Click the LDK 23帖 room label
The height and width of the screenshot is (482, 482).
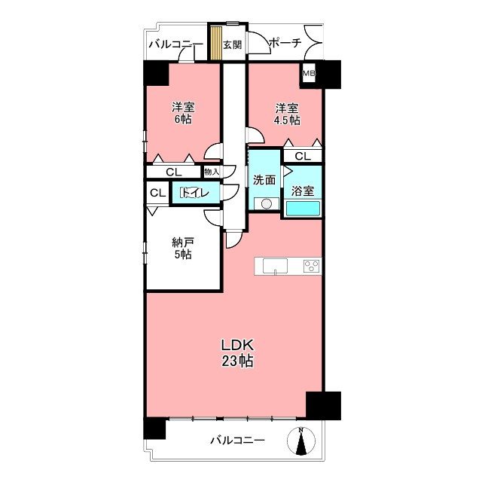238,353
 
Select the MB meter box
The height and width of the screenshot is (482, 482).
309,73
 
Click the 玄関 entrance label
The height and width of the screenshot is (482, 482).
233,45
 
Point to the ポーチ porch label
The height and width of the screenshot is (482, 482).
285,43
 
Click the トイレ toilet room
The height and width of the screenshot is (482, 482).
196,193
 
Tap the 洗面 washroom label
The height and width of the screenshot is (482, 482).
264,180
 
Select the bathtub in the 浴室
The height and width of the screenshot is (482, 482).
303,208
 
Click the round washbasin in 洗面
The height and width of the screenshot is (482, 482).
267,203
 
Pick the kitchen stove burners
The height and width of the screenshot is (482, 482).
311,266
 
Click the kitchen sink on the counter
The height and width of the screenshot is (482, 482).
275,266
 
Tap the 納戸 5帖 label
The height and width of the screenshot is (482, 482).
182,249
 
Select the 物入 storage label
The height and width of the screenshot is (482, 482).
212,172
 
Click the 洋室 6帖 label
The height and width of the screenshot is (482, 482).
183,113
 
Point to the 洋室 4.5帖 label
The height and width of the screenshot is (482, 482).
287,114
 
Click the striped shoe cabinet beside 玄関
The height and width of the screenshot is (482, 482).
216,43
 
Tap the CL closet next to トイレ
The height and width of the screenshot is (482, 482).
157,193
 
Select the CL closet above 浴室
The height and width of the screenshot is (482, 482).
303,156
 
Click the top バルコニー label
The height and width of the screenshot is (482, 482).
175,45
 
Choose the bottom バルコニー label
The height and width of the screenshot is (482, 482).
237,440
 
